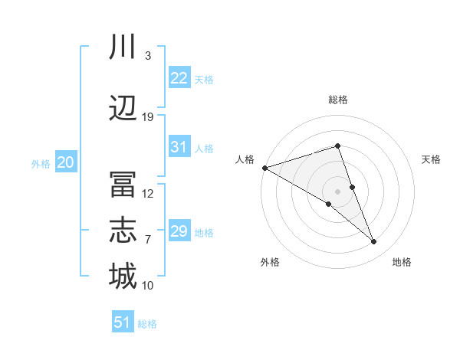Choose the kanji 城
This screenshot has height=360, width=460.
123,276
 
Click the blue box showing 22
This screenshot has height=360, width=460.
179,78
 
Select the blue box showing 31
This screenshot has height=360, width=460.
179,147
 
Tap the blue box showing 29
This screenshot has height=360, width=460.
179,231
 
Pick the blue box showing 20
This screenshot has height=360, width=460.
65,162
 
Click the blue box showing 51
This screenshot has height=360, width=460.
123,322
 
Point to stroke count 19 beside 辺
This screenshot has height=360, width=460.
148,117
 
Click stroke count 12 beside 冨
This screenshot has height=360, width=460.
148,194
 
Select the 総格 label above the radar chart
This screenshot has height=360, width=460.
337,100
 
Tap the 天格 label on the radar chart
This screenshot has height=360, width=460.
432,159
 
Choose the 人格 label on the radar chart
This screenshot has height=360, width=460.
245,159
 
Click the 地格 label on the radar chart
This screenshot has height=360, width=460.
402,263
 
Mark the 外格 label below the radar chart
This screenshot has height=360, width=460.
270,263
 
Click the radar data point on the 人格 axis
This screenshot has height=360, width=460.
264,167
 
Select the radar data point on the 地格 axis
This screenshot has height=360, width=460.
374,241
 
